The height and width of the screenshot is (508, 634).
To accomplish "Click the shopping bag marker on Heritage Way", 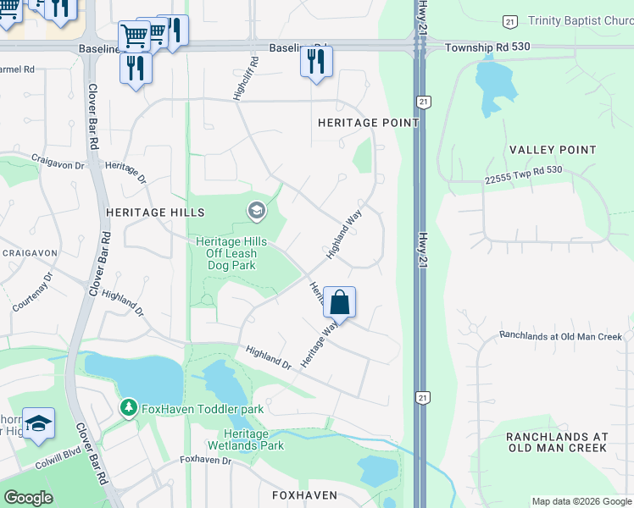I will (x=339, y=302).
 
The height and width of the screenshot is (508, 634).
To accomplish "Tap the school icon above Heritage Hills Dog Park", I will (x=256, y=209).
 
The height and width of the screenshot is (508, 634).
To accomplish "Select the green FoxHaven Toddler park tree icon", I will (x=128, y=409).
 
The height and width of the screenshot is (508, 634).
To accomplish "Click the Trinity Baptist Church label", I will (x=580, y=20).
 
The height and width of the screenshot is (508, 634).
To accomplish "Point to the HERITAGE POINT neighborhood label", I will (x=368, y=123).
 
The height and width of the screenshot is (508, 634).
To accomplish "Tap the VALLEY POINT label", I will (x=553, y=150).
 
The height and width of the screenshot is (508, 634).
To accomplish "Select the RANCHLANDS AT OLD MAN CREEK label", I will (x=557, y=442).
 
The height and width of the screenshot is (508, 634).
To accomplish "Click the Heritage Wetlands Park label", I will (x=247, y=439).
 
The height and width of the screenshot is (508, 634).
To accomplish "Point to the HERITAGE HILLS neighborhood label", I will (x=155, y=212).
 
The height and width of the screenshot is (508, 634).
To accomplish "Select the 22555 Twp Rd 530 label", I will (x=524, y=175).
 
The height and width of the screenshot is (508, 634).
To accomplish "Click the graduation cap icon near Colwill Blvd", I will (x=38, y=423).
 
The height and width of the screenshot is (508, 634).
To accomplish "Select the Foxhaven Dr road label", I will (x=205, y=460).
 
